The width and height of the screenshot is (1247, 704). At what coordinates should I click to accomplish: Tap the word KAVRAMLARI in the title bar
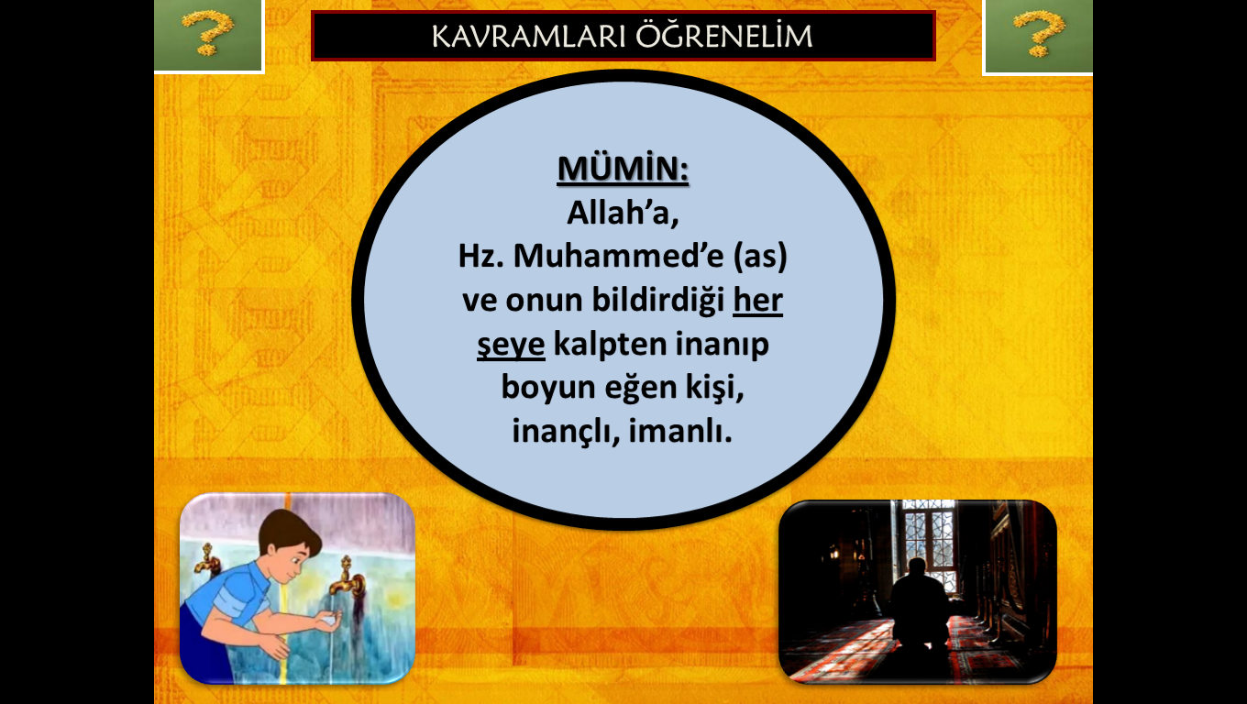529,37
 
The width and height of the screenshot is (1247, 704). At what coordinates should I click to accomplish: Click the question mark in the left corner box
207,33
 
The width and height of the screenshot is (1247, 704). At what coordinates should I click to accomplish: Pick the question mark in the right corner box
1038,33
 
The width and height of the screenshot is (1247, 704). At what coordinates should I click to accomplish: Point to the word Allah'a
623,213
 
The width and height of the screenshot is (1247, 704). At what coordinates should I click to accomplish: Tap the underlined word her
757,300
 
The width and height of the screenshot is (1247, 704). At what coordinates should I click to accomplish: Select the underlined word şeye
511,345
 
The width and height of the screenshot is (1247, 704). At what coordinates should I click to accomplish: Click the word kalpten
610,344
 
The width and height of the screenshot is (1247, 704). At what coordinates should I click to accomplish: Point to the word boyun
548,388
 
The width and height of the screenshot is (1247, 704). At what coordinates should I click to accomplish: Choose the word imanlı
680,431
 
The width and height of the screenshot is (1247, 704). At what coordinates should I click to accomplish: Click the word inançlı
566,432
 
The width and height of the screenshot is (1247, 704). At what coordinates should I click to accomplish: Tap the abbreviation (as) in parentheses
760,256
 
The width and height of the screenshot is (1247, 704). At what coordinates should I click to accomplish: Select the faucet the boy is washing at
347,578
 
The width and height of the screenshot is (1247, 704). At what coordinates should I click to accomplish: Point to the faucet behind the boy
206,559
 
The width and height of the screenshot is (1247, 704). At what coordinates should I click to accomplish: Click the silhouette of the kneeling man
919,606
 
